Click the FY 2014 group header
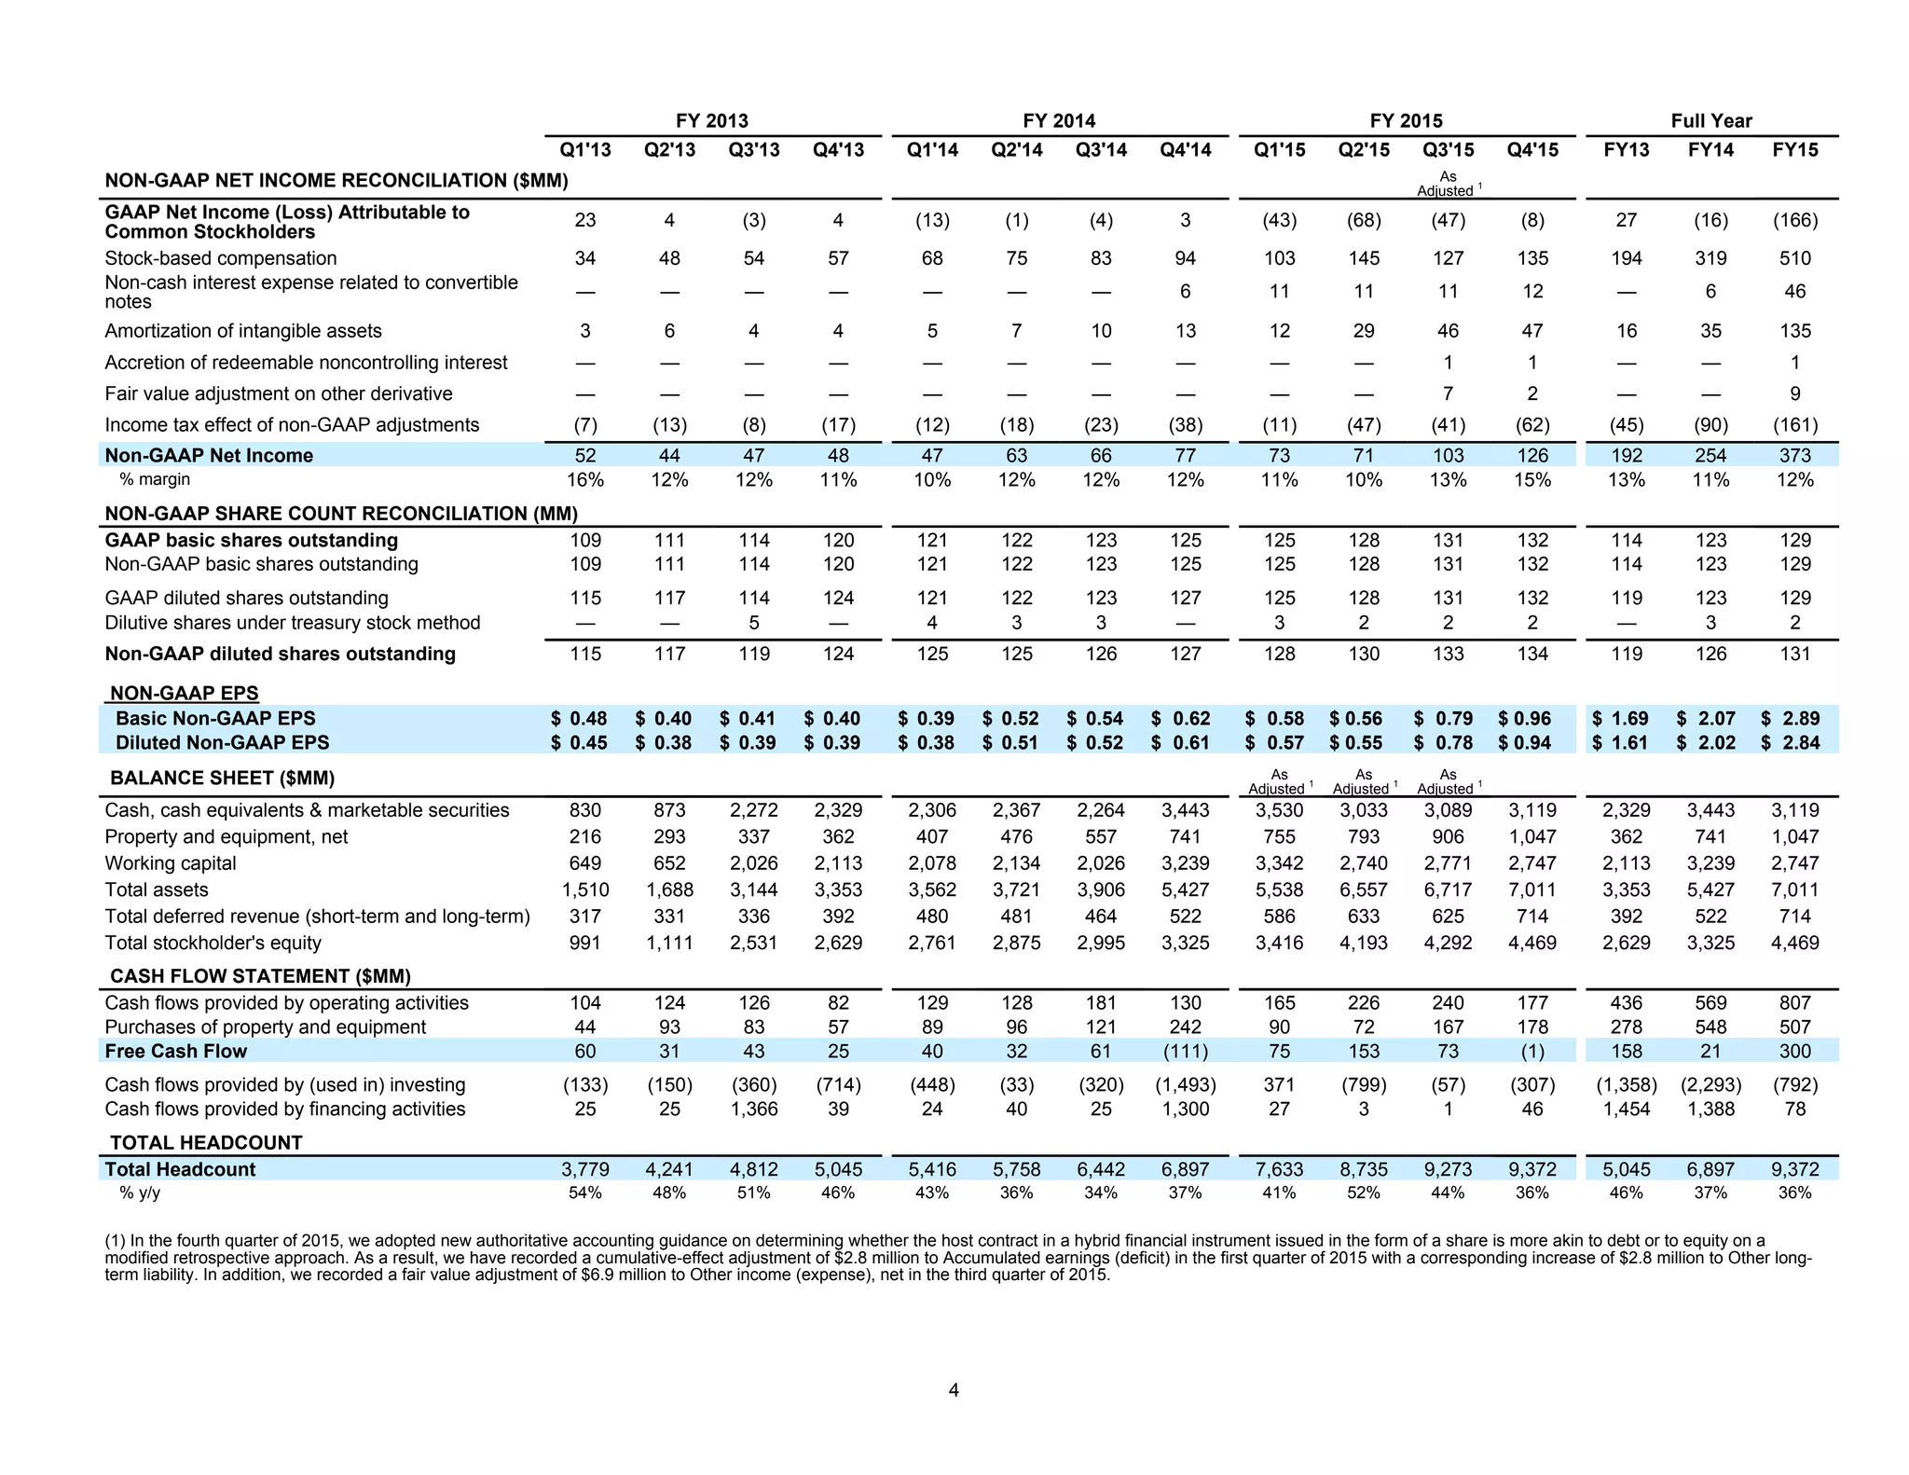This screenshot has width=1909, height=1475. coord(1059,121)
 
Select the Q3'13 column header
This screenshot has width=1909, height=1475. coord(754,150)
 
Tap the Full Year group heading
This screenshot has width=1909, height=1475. coord(1711,121)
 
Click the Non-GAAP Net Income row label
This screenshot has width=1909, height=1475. coord(209,456)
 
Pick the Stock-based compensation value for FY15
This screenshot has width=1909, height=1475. coord(1795,258)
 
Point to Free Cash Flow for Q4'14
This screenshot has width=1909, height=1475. coord(1185,1052)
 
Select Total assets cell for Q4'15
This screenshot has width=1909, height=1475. coord(1532,890)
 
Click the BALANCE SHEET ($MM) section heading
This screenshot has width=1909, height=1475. coord(222,779)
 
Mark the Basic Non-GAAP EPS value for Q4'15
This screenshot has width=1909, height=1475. coord(1525,719)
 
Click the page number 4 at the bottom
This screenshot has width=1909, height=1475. coord(954,1390)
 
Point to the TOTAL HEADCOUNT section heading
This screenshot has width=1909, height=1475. coord(206,1143)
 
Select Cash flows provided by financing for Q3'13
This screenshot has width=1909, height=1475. coord(754,1110)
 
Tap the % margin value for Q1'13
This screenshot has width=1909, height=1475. coord(585,480)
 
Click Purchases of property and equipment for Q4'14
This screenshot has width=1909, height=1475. coord(1185,1027)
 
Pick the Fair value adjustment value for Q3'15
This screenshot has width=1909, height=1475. coord(1448,394)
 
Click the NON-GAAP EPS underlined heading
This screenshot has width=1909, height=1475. coord(184,694)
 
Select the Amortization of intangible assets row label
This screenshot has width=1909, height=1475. coord(243,331)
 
